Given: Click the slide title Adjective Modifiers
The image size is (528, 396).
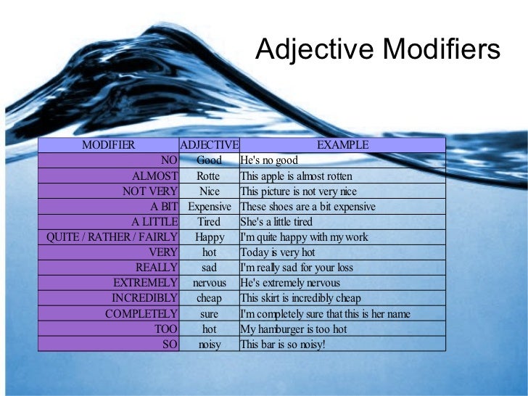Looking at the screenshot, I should pos(378,50).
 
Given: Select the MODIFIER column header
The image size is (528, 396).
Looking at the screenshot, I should pos(108,145).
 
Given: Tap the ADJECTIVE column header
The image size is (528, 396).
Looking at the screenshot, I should pos(209,145).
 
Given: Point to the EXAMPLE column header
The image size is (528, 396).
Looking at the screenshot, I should pos(342,145).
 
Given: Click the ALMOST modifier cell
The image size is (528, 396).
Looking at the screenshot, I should pos(154,176).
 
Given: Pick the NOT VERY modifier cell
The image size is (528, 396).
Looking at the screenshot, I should pos(149,191).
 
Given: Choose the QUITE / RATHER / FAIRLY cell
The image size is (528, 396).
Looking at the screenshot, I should pos(112,237).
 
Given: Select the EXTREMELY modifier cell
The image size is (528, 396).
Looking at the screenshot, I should pos(145,283).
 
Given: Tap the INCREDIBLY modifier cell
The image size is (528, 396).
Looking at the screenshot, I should pos(144,298).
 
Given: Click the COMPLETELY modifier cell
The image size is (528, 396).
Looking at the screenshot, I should pos(141,314).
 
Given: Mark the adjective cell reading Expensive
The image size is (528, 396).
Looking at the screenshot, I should pos(209,207).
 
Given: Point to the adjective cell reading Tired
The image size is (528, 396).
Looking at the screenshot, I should pos(209,222).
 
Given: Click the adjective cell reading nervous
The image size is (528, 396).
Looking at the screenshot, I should pos(209,283).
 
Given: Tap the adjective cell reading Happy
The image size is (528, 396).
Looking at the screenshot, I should pos(209,237).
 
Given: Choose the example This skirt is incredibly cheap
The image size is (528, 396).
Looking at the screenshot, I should pos(300,298).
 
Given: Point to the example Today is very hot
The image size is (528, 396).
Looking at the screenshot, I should pos(277,252).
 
